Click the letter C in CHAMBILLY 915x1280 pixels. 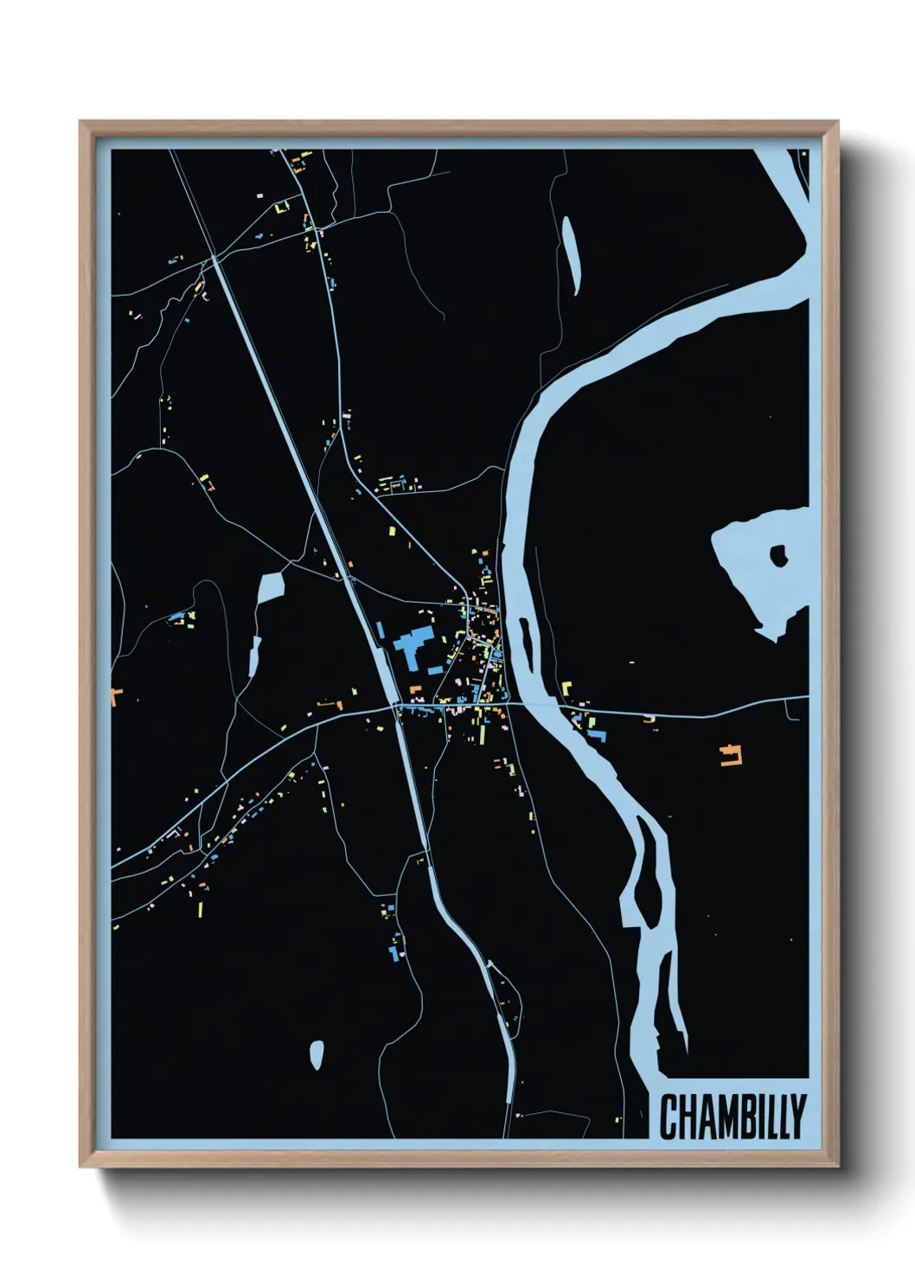[669, 1117]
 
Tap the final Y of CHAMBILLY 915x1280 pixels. [797, 1117]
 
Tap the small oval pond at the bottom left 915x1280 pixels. [317, 1053]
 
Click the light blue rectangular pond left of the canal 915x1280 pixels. [271, 588]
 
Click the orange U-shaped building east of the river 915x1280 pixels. [733, 755]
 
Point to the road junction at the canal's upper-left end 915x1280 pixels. [214, 257]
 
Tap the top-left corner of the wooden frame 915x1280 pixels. [81, 123]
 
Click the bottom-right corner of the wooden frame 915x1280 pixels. [837, 1166]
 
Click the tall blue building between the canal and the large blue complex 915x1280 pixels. [380, 630]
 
